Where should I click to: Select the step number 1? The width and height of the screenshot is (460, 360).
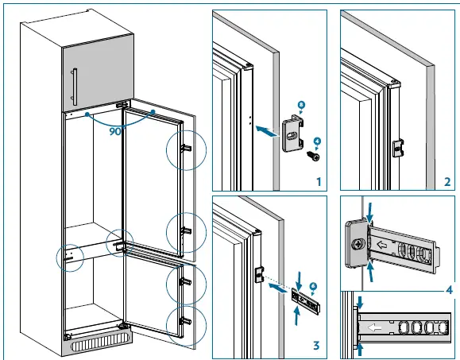coord(317,182)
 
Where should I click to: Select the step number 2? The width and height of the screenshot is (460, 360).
coord(447,182)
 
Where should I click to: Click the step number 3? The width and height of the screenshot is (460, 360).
coord(318,346)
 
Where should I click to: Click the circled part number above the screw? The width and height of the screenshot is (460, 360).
coord(317,143)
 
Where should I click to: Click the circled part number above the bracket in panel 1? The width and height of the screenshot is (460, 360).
coord(300,103)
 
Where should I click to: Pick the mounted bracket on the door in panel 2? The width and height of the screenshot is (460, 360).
coord(400,148)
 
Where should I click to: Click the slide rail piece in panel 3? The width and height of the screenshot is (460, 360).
coord(305,298)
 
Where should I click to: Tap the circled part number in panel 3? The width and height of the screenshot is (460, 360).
coord(313,285)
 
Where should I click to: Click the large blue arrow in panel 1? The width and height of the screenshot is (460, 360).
coord(269,137)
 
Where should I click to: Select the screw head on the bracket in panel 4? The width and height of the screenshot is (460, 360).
coord(358,245)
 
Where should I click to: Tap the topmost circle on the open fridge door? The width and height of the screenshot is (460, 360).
coord(185,149)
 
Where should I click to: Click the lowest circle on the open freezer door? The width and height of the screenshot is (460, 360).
coord(185,322)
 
